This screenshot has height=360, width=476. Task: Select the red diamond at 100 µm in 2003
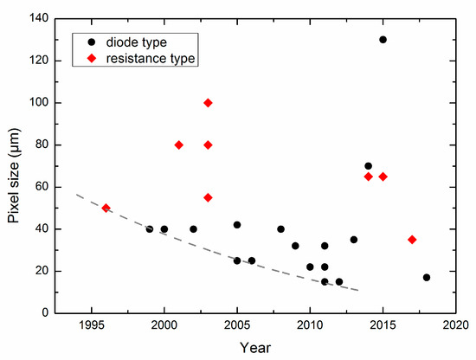(208, 103)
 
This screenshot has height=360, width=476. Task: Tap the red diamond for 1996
(106, 208)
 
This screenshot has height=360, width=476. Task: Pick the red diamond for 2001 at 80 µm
(178, 145)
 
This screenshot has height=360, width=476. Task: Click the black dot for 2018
(427, 277)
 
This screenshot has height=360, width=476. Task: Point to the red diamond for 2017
(412, 240)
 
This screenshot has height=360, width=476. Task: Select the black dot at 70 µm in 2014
(368, 166)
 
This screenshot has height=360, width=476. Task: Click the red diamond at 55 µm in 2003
(208, 197)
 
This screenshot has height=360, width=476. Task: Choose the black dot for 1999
(150, 229)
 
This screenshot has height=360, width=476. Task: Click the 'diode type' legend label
(138, 40)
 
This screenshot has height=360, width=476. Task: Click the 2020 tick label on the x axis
(456, 325)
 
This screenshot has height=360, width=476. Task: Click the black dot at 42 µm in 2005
(237, 225)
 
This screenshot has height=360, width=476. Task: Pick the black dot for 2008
(280, 229)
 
